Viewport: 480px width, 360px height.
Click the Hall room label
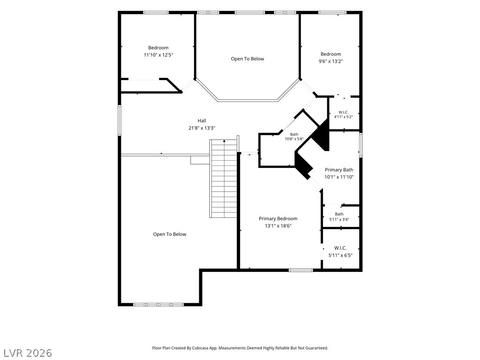point(202,120)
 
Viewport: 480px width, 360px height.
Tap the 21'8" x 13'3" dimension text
point(202,128)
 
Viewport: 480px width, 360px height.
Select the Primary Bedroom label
point(278,218)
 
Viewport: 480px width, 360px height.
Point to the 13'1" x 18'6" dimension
point(278,226)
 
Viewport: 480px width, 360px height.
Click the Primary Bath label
point(339,170)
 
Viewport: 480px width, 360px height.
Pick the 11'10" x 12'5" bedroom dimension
point(158,55)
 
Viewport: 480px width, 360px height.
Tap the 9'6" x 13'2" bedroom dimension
point(330,61)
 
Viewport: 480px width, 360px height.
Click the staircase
point(224,179)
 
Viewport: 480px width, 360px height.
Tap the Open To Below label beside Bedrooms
point(247,59)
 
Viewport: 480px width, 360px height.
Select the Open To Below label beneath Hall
point(170,234)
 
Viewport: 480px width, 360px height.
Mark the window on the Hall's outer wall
point(120,120)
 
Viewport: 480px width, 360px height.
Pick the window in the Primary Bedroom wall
point(301,270)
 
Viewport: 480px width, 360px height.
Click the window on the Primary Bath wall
point(361,145)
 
